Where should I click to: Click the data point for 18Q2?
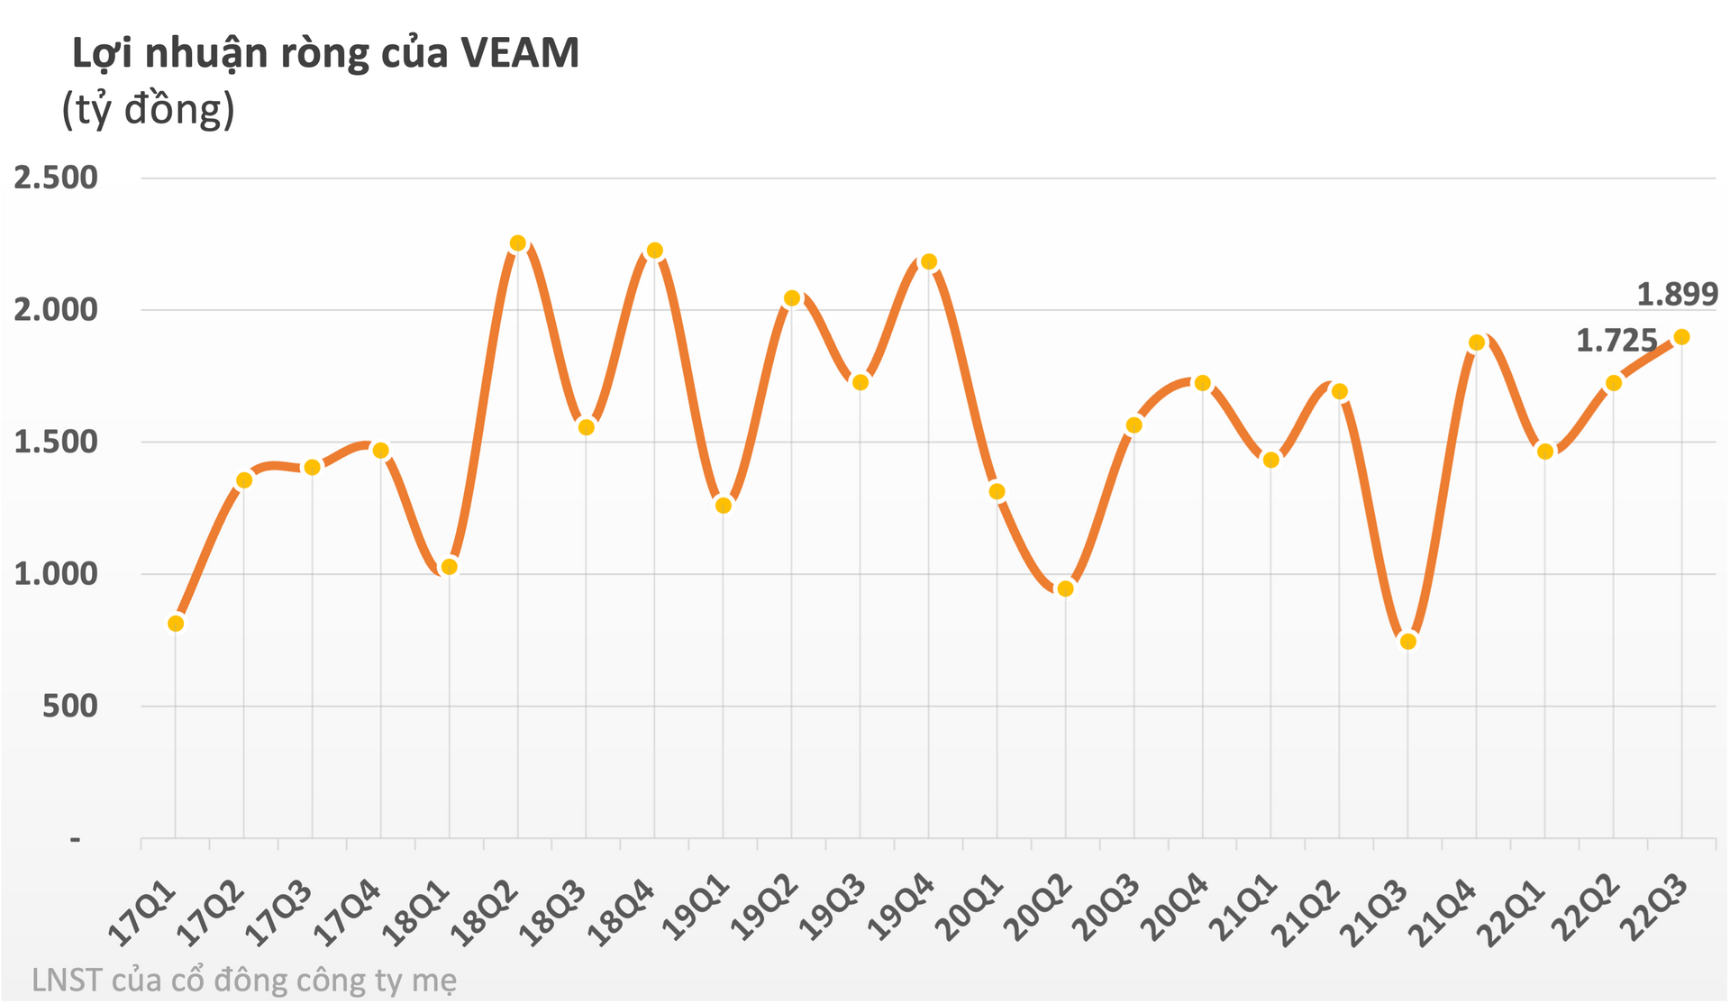coord(518,243)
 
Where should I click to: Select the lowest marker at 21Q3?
coord(1408,642)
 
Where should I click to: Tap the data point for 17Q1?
coord(176,624)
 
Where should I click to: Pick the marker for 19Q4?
coord(929,262)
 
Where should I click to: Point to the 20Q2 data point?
coord(1066,589)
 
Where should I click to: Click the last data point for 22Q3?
coord(1681,337)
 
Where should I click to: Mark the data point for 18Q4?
coord(655,251)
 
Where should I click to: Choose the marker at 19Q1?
coord(724,506)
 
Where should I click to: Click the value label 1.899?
coord(1677,295)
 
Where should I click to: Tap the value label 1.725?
coord(1616,341)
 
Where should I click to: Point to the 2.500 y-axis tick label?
coord(56,178)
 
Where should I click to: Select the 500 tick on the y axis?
coord(69,706)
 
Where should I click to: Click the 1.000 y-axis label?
coord(56,573)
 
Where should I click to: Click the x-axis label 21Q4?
coord(1449,912)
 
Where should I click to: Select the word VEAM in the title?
coord(519,53)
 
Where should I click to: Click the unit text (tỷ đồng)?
coord(149,110)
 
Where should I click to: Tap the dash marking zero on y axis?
coord(76,840)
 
